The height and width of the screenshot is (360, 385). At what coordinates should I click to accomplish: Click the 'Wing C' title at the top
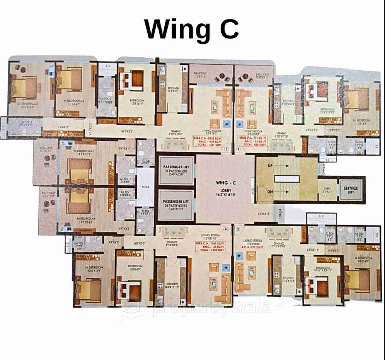(x=191, y=29)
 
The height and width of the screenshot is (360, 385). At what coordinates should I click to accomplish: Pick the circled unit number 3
(x=237, y=228)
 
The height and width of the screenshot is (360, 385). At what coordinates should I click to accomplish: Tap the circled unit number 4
(x=226, y=228)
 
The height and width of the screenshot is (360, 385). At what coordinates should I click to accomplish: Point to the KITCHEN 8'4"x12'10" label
(x=172, y=285)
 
